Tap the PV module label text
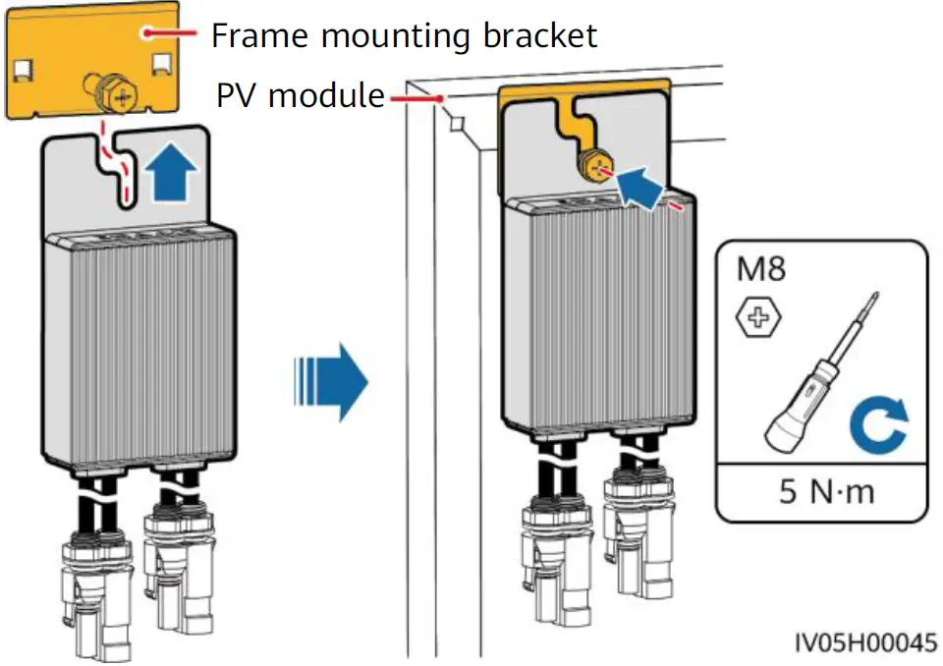(301, 95)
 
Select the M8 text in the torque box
(760, 268)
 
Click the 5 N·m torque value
(826, 491)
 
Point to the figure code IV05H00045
(866, 643)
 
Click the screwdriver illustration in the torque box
(822, 373)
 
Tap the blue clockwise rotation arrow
(879, 424)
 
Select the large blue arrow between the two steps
(331, 381)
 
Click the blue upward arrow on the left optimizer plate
(171, 172)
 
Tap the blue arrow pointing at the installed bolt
(641, 187)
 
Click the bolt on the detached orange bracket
(113, 93)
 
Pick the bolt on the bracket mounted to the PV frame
(594, 168)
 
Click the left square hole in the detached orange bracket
(23, 71)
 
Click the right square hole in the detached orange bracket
(163, 66)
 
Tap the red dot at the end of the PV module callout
(441, 98)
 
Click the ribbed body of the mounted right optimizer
(598, 311)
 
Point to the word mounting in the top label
(396, 37)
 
